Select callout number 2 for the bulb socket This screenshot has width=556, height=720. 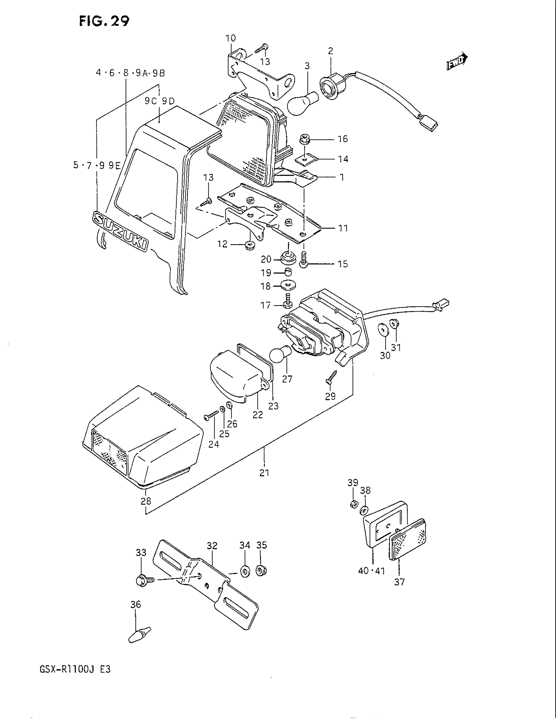pos(330,51)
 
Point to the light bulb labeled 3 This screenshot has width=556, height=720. pos(302,103)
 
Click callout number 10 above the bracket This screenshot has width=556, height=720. pos(231,38)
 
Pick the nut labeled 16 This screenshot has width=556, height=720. pos(305,139)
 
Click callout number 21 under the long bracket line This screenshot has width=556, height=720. pos(264,473)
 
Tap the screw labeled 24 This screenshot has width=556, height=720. pos(211,415)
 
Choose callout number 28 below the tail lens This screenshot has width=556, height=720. pos(146,501)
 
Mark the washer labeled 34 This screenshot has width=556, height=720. pos(245,572)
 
